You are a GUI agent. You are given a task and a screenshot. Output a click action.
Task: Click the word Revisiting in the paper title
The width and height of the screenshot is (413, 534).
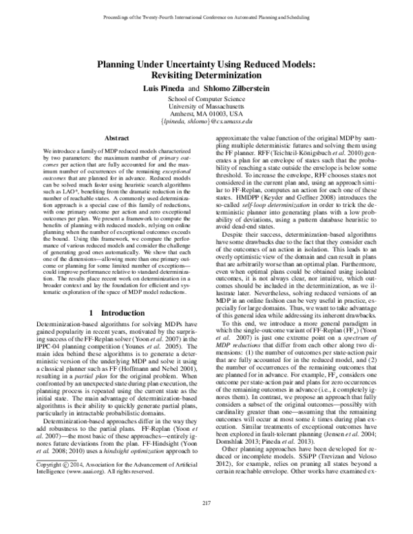pos(173,75)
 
